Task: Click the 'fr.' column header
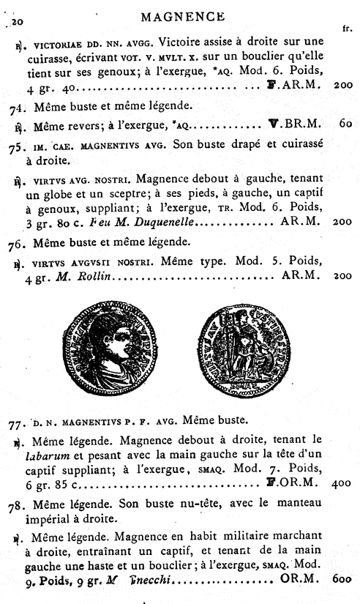coord(347,29)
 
